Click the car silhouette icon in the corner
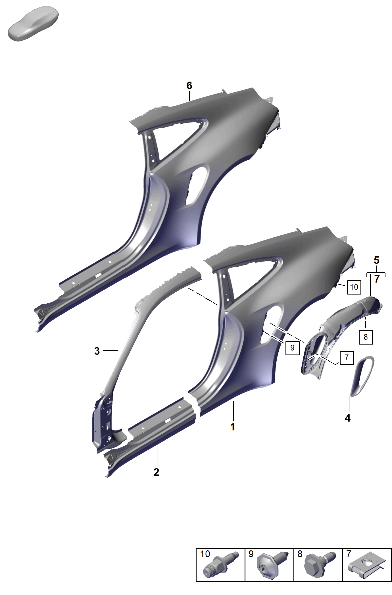click(x=33, y=23)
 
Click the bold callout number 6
click(x=189, y=86)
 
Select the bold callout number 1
click(x=233, y=427)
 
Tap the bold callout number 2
click(x=156, y=472)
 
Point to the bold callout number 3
click(x=97, y=351)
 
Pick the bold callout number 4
click(x=348, y=418)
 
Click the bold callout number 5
click(x=376, y=260)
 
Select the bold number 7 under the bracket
click(x=377, y=279)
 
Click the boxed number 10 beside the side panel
click(x=354, y=287)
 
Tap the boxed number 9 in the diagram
click(x=292, y=348)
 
